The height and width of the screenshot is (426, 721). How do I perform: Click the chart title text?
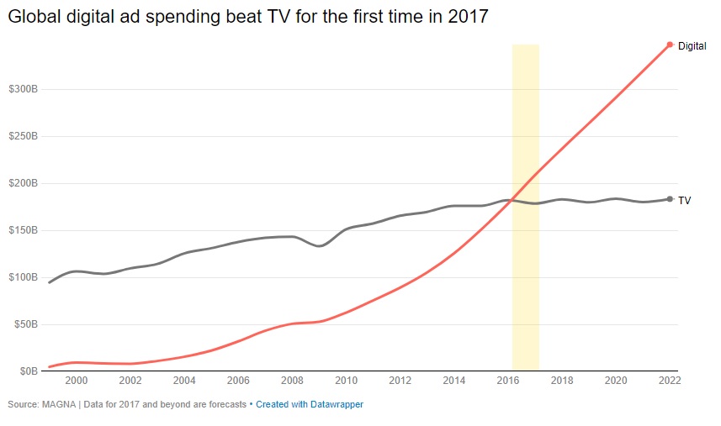pos(248,17)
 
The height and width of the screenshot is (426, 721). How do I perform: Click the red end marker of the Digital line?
pos(670,45)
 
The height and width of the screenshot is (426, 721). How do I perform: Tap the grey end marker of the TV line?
pos(670,199)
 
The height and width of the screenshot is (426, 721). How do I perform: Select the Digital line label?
pos(692,46)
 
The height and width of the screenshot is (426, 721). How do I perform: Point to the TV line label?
pos(684,200)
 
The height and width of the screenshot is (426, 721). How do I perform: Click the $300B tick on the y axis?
pos(23,89)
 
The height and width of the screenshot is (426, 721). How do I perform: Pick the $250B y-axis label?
pos(23,136)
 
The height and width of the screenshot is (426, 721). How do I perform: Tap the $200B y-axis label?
pos(23,183)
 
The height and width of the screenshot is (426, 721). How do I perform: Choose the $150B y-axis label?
pos(23,230)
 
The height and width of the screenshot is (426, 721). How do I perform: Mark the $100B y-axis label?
pos(23,277)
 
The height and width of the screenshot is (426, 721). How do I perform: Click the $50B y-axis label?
pos(25,324)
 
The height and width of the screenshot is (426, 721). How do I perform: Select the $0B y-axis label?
pos(28,371)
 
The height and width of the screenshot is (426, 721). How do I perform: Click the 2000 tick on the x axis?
pos(77,381)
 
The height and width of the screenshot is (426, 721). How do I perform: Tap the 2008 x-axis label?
pos(292,381)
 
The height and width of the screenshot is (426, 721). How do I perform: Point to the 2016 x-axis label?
pos(508,381)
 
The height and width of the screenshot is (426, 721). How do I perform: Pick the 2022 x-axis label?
pos(670,381)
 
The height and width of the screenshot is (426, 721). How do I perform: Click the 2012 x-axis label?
pos(400,381)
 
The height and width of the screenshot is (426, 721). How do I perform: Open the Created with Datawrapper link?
pos(310,404)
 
